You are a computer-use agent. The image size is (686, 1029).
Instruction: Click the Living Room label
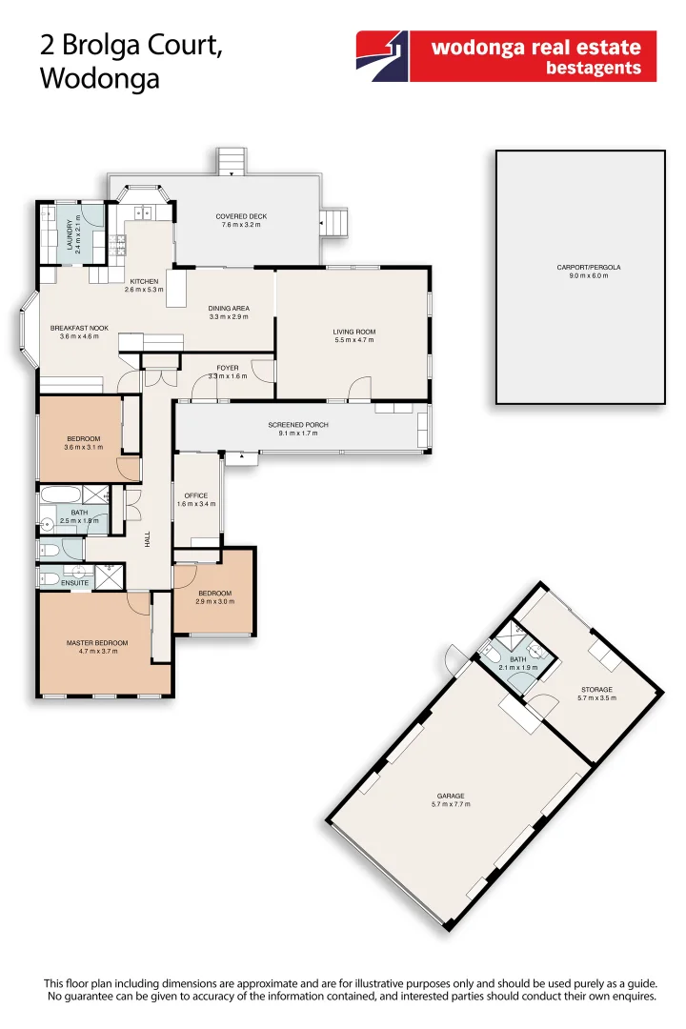(354, 333)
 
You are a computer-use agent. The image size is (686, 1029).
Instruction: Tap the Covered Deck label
(241, 217)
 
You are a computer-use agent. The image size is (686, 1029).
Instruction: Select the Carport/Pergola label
(581, 268)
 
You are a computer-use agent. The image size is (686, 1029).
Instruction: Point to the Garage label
(451, 798)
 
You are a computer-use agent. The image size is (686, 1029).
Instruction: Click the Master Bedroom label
(91, 643)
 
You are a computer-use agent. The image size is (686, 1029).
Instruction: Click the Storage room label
(596, 689)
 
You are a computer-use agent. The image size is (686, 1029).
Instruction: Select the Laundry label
(71, 234)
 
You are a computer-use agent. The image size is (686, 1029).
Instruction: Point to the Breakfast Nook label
(79, 328)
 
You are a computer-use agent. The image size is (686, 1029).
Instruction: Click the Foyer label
(227, 368)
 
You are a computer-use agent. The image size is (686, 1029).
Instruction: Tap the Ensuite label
(74, 583)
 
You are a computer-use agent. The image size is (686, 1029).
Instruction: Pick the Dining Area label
(229, 309)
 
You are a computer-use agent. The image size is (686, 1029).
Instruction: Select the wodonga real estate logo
(506, 56)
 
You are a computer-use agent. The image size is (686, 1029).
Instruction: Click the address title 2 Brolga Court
(131, 45)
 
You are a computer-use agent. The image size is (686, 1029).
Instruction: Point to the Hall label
(148, 539)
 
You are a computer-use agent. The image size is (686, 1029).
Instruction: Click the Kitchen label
(144, 281)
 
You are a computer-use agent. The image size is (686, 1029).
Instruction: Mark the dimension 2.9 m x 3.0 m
(213, 602)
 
